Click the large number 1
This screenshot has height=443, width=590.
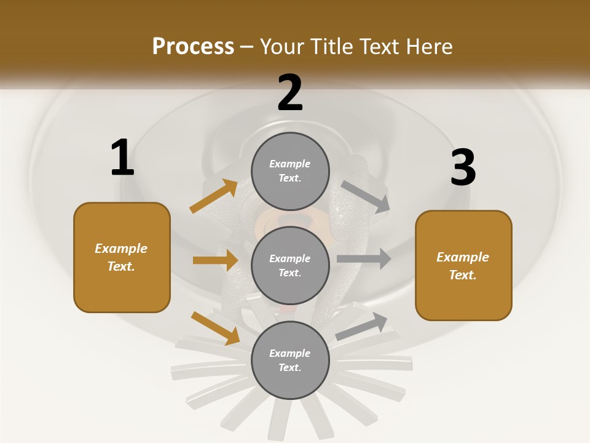click(122, 158)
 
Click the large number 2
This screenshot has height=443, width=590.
click(290, 93)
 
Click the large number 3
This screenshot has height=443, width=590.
click(463, 167)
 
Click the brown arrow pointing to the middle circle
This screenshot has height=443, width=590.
click(215, 260)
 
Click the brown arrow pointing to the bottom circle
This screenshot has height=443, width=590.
click(215, 327)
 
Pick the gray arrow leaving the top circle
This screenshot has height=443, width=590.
click(366, 196)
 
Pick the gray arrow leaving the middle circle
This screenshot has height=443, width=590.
click(364, 258)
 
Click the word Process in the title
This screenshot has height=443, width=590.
click(193, 46)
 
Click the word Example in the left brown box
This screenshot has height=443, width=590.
click(121, 249)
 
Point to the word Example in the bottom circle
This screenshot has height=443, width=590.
click(289, 353)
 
